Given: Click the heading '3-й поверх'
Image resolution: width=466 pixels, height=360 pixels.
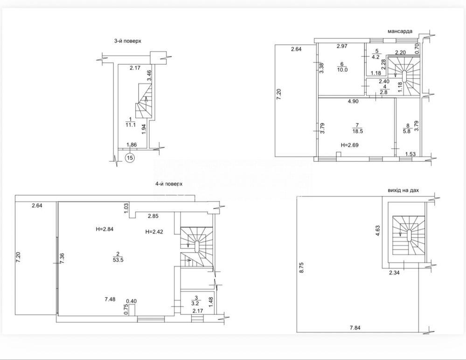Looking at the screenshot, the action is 127,42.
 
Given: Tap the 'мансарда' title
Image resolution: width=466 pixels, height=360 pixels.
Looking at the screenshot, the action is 400,32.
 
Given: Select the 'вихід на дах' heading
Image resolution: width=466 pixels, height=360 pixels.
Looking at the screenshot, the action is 403,190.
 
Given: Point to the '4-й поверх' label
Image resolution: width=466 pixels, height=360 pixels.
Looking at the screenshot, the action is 169,184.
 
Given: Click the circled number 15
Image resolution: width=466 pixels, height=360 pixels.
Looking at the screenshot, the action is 130,158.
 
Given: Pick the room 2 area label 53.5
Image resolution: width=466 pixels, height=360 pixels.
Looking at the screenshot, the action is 118,256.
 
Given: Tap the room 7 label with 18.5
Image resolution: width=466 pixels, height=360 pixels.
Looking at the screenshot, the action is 357,128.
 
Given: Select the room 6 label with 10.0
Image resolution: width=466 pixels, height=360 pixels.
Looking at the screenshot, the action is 342,67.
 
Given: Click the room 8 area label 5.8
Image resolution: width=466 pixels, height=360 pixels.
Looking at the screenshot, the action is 407,128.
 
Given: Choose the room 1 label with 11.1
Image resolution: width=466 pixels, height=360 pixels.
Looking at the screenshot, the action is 131,122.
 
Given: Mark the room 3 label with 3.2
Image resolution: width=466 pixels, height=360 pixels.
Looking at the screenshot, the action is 196,301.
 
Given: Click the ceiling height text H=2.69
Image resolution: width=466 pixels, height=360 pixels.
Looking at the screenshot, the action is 349,145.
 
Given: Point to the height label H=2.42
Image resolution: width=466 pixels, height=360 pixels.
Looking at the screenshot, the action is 154,231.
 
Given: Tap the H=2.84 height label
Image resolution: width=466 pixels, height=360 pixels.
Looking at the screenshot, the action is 104,229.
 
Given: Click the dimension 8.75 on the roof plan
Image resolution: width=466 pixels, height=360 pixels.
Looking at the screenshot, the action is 302,268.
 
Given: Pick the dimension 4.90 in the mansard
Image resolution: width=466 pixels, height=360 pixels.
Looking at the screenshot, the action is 354,101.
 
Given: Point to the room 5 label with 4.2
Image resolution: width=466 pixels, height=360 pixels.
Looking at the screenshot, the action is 376,55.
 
